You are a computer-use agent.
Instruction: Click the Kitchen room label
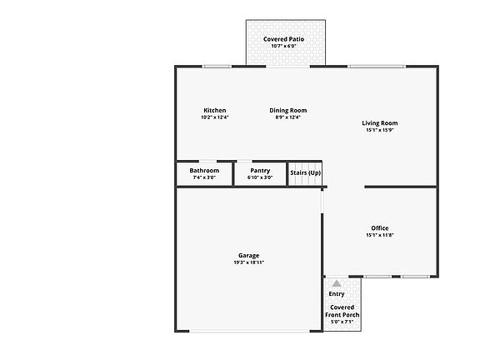215,110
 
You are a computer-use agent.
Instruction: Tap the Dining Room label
288,110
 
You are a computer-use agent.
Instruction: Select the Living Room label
380,123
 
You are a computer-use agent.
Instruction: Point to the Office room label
380,228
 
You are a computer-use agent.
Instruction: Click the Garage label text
249,256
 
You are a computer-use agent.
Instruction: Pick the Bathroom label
204,171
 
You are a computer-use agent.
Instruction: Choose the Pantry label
260,171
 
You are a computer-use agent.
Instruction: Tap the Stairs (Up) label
306,172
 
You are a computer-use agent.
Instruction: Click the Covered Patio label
284,39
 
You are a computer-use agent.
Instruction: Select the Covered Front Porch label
342,311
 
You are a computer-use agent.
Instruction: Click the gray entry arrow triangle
337,283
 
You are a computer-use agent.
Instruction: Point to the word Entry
337,294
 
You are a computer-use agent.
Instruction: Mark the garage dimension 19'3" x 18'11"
249,262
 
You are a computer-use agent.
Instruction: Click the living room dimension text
380,130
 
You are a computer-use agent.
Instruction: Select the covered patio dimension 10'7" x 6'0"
284,46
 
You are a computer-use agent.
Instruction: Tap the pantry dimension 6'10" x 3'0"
260,177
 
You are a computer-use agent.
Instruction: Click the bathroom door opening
207,161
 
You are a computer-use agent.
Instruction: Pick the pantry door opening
245,161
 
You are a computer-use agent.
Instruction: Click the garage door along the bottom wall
249,331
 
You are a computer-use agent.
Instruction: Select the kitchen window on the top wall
217,67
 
